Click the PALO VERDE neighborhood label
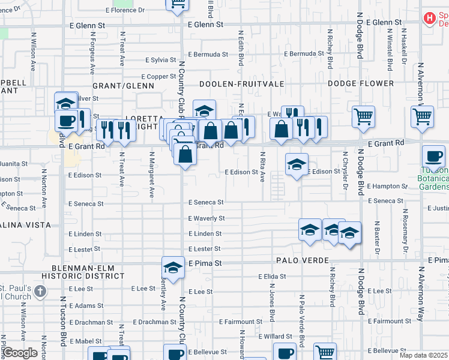coord(303,260)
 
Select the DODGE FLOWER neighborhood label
coord(360,83)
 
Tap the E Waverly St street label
coord(206,218)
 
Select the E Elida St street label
coord(272,277)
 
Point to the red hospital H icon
coord(429,19)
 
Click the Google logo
coord(20,353)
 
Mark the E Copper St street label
coord(158,76)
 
